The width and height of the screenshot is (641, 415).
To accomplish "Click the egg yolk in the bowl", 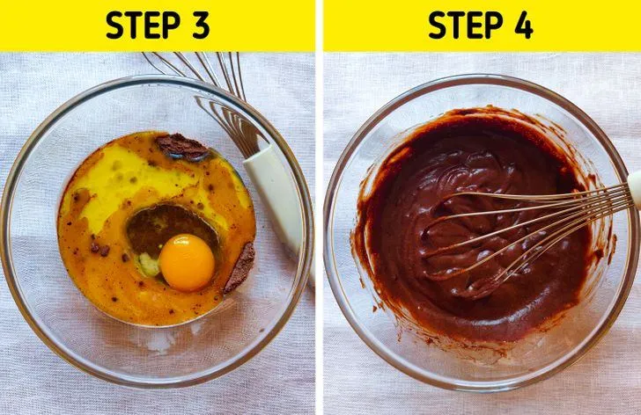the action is [187, 262].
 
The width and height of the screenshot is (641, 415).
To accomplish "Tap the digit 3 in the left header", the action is [201, 25].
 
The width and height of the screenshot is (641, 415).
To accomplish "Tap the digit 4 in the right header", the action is [522, 25].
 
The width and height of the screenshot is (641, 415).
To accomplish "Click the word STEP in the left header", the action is [143, 25].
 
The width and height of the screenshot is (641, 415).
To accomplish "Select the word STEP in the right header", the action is [465, 25].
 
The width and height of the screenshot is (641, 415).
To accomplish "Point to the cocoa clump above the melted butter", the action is [182, 147].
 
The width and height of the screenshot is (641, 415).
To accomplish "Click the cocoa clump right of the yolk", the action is [240, 267].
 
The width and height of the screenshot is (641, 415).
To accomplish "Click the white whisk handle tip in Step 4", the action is [635, 188].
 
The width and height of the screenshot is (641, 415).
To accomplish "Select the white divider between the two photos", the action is [319, 207].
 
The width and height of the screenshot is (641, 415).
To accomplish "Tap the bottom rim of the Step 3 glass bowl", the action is [159, 385].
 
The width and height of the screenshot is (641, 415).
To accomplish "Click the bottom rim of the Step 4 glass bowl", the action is [478, 388].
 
